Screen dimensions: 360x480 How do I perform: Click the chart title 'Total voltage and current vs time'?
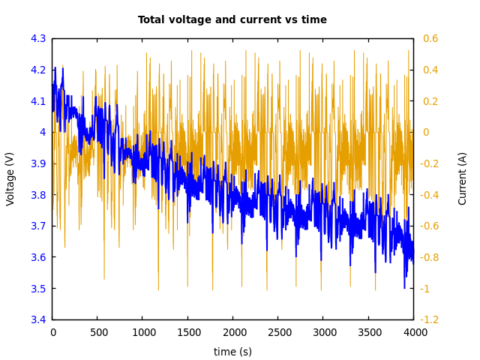[232, 20]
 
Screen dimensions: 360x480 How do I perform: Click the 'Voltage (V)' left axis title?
[10, 178]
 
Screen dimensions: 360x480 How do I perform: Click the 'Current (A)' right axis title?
[463, 178]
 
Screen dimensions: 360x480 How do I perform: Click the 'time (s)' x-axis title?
[232, 352]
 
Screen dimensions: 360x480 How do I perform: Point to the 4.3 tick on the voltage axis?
[38, 38]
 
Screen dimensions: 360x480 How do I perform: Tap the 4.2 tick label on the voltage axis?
[38, 70]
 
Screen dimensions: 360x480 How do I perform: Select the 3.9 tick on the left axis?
[38, 163]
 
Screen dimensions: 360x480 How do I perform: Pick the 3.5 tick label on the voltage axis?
[38, 289]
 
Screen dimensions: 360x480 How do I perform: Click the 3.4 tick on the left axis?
[38, 320]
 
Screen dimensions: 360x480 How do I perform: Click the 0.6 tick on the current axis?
[430, 38]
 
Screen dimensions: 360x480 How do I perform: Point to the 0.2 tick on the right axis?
[430, 101]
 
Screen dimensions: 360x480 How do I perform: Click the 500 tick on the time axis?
[97, 332]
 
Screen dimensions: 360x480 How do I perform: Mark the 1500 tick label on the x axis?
[187, 332]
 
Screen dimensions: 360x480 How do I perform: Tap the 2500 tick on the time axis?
[278, 332]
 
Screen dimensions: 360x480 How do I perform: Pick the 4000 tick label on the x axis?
[413, 332]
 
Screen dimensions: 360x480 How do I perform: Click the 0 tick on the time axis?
[52, 332]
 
